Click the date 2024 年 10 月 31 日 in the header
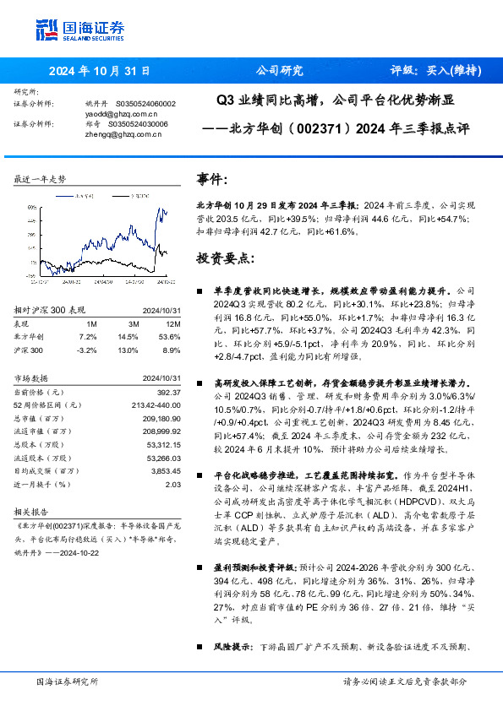(x=98, y=71)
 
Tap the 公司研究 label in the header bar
(x=279, y=71)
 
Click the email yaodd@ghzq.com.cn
(x=123, y=113)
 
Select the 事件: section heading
(x=212, y=179)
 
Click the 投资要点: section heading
(x=224, y=257)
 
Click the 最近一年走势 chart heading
(x=41, y=180)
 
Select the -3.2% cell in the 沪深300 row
(x=86, y=349)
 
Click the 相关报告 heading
(x=34, y=512)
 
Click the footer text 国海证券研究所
(x=68, y=681)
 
